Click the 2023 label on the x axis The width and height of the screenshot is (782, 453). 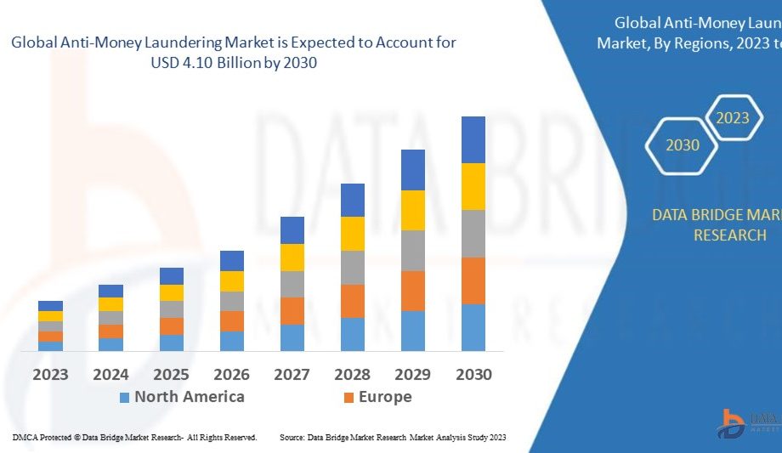pyautogui.click(x=50, y=374)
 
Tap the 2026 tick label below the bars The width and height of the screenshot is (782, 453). pyautogui.click(x=231, y=374)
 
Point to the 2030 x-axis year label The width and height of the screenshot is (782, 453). pyautogui.click(x=473, y=374)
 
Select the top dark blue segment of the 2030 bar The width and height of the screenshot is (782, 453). pyautogui.click(x=473, y=140)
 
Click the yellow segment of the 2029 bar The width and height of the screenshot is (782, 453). pyautogui.click(x=413, y=210)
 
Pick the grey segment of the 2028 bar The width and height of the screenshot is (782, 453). pyautogui.click(x=353, y=267)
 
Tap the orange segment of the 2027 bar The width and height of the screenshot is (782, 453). pyautogui.click(x=292, y=310)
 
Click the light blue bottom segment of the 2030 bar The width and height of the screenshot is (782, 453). pyautogui.click(x=473, y=327)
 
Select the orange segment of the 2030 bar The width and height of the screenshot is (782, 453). pyautogui.click(x=473, y=280)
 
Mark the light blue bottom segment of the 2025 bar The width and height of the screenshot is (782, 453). pyautogui.click(x=172, y=343)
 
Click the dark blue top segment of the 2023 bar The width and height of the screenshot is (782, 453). pyautogui.click(x=50, y=306)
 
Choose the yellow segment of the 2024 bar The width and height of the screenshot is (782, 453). pyautogui.click(x=110, y=304)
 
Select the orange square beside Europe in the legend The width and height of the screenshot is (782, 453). pyautogui.click(x=348, y=397)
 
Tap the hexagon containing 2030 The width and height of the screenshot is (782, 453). pyautogui.click(x=683, y=145)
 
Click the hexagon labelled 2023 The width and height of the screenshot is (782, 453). pyautogui.click(x=733, y=118)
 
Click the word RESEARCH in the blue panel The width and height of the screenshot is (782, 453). pyautogui.click(x=729, y=235)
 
